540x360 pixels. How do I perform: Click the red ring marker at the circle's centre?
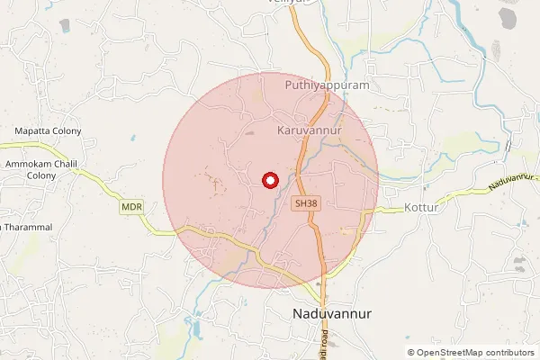coord(268,180)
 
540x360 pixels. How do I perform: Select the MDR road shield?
coord(130,207)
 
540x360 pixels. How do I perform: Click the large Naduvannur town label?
coord(333,314)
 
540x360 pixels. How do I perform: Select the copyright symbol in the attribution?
coord(411,352)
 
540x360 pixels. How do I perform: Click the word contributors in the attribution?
coord(508,352)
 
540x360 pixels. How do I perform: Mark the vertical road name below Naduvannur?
coord(325,344)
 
